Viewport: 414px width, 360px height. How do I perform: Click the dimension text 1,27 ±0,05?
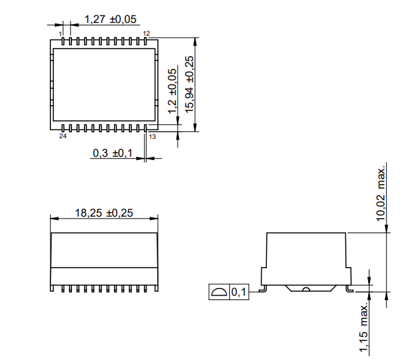[110, 19]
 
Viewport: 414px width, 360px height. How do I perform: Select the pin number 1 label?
[61, 33]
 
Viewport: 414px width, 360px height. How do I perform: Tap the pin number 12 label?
[146, 33]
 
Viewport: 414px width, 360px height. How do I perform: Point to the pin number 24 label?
[62, 136]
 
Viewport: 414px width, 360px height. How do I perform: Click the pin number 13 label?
[152, 136]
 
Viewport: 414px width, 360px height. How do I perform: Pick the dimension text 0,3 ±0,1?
[112, 153]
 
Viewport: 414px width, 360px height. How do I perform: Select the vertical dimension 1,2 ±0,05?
[171, 91]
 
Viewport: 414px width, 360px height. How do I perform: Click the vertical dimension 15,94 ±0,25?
[189, 83]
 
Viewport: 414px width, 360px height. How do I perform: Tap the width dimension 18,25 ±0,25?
[104, 213]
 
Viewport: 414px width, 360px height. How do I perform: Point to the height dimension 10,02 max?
[382, 193]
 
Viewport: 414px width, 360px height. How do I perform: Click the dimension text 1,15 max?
[363, 328]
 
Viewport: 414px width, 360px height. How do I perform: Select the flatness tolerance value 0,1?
[239, 292]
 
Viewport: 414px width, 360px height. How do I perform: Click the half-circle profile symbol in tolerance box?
[218, 292]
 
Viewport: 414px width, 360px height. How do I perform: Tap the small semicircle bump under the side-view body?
[306, 289]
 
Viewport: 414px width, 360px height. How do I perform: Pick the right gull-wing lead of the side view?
[350, 287]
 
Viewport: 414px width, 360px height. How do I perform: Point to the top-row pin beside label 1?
[64, 41]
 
